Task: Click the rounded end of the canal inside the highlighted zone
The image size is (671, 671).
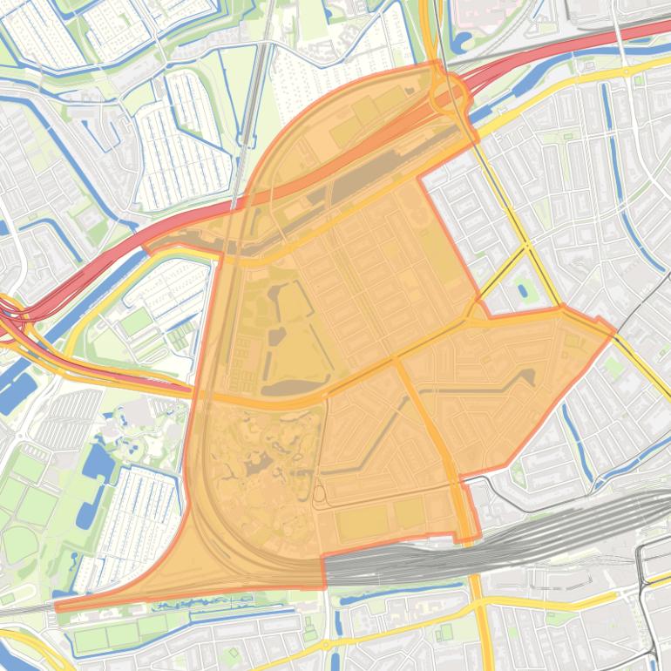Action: coord(527,376)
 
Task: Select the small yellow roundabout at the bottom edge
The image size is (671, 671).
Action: coord(326,646)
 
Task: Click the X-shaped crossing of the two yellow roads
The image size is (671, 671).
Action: coord(527,247)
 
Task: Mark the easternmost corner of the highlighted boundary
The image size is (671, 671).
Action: coord(615,330)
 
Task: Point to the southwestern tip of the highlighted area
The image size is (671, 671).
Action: coord(57,606)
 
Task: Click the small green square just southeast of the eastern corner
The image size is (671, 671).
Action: coord(615,367)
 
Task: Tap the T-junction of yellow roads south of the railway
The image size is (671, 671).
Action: coord(478,601)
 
